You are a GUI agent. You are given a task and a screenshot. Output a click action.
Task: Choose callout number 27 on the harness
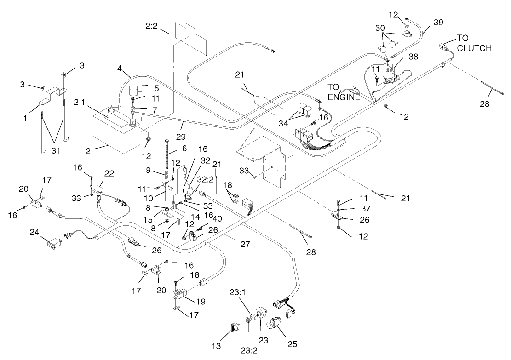[x=245, y=245]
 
